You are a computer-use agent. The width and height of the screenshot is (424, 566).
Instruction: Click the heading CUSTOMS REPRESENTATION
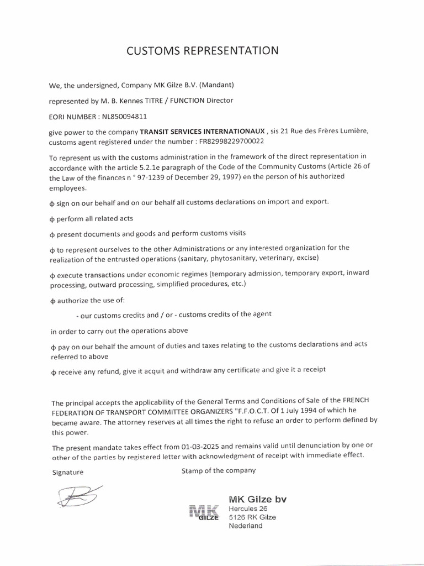203,51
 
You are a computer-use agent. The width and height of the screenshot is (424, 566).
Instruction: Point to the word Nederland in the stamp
246,526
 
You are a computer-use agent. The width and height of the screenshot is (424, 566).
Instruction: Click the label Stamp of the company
218,470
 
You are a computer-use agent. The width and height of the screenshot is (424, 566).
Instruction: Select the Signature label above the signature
67,473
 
